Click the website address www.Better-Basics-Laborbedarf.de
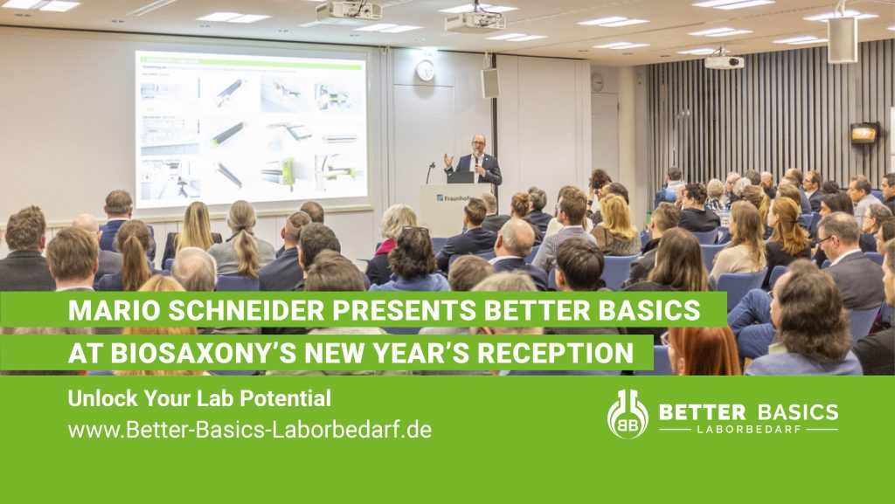pos(250,430)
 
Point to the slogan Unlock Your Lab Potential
pos(199,399)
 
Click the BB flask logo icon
pos(628,414)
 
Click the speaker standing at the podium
pos(476,161)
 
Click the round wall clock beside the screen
pos(426,70)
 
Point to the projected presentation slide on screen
pos(251,129)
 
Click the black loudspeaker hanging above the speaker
pos(490,83)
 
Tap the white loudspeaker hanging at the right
pos(843,39)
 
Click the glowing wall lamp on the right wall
pos(864,134)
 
